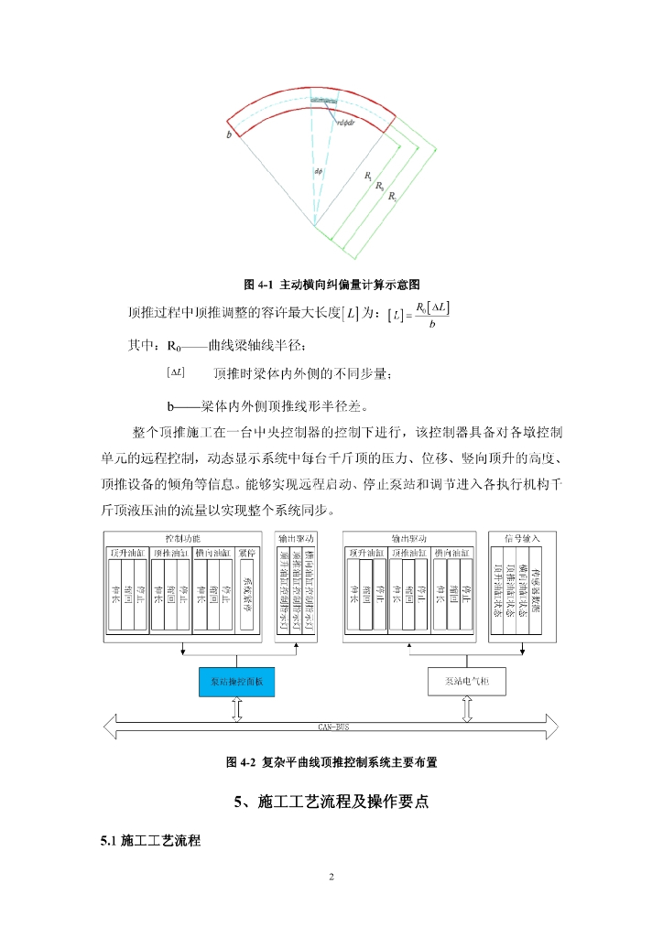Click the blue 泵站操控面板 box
[236, 682]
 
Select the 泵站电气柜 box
[466, 682]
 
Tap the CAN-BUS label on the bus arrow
[331, 727]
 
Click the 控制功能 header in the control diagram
[182, 538]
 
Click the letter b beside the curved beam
[228, 135]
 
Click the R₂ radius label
[391, 196]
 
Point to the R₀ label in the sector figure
[379, 185]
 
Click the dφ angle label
[318, 171]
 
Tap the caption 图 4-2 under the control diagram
[243, 761]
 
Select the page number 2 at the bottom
[331, 878]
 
